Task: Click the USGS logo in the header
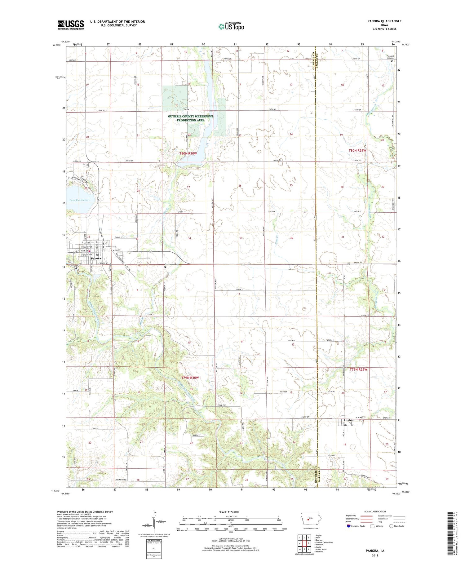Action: (71, 25)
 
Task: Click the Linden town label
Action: (348, 421)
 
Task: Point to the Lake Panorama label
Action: (79, 200)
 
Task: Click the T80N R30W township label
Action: (188, 154)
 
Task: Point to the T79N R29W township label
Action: (358, 370)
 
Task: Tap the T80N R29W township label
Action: (357, 150)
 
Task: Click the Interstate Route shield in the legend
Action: (348, 526)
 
